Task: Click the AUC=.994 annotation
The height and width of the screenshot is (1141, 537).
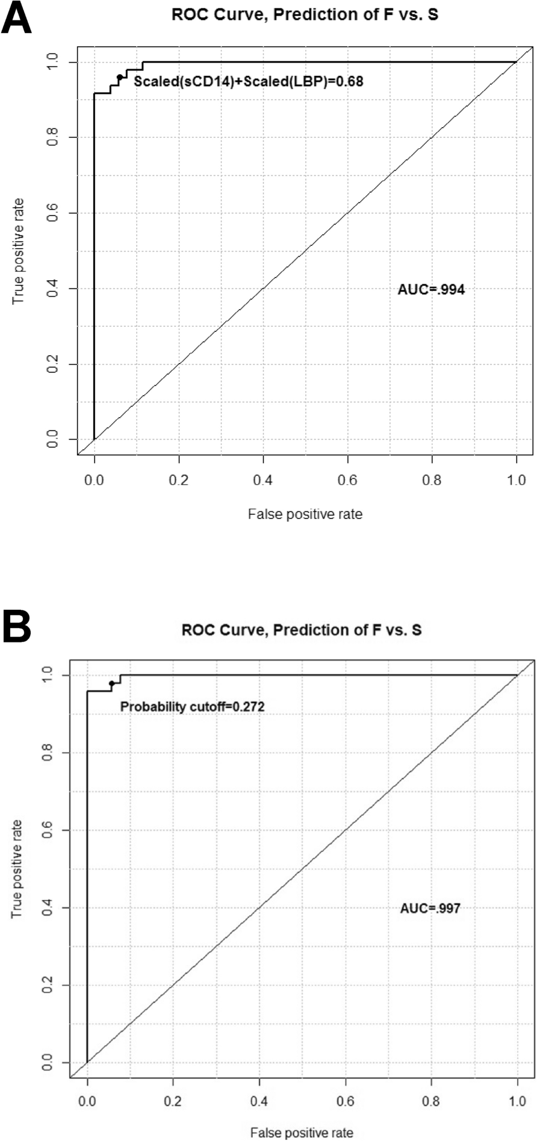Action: tap(431, 290)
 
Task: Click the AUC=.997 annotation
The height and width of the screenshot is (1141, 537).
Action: tap(430, 908)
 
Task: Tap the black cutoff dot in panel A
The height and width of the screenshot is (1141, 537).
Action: tap(120, 77)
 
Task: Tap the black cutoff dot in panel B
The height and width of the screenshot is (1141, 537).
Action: tap(112, 683)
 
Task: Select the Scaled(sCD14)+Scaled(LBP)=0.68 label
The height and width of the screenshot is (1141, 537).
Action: tap(248, 81)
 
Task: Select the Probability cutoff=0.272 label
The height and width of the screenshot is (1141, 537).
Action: tap(192, 706)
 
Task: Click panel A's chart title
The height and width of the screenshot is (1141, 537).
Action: tap(305, 14)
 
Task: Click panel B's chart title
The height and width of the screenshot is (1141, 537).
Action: tap(302, 630)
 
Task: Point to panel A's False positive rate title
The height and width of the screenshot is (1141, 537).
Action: tap(305, 514)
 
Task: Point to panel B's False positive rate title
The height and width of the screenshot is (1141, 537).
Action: tap(302, 1133)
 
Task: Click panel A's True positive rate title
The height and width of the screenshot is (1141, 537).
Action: tap(19, 250)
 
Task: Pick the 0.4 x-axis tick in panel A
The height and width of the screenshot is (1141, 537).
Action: tap(262, 480)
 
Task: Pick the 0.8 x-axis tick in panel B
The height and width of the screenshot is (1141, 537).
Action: tap(431, 1101)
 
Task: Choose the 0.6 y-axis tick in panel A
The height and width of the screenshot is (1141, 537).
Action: tap(52, 213)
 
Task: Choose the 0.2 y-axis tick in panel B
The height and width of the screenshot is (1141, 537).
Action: tap(48, 986)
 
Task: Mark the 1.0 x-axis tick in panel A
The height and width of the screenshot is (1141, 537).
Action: tap(516, 480)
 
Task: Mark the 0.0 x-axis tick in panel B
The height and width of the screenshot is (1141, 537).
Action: tap(87, 1101)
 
